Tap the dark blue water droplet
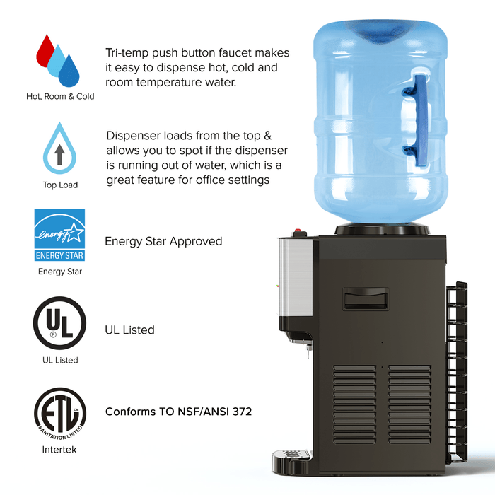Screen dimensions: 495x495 pyautogui.click(x=69, y=72)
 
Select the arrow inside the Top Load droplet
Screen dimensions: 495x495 pyautogui.click(x=59, y=155)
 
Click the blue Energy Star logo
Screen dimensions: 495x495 pyautogui.click(x=59, y=235)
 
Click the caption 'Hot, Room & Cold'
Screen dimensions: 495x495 pyautogui.click(x=60, y=96)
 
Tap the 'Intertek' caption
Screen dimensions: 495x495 pyautogui.click(x=59, y=449)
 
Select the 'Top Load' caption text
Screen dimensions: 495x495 pyautogui.click(x=60, y=185)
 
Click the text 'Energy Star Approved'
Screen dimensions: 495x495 pyautogui.click(x=163, y=242)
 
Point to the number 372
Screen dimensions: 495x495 pyautogui.click(x=242, y=412)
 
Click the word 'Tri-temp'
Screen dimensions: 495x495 pyautogui.click(x=127, y=53)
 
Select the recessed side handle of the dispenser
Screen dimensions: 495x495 pyautogui.click(x=366, y=299)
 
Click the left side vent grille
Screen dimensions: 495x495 pyautogui.click(x=354, y=404)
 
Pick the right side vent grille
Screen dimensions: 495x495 pyautogui.click(x=409, y=404)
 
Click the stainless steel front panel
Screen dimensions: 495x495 pyautogui.click(x=296, y=278)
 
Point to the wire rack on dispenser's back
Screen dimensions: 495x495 pyautogui.click(x=457, y=373)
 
